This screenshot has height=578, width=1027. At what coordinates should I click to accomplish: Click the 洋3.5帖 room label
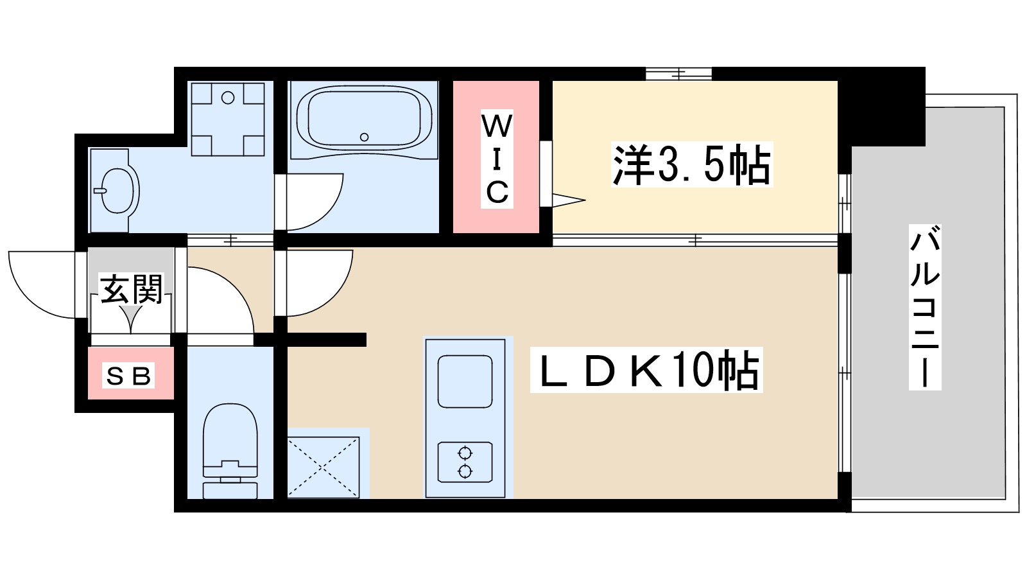click(x=691, y=164)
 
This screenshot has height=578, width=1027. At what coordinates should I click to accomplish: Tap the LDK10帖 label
click(x=646, y=371)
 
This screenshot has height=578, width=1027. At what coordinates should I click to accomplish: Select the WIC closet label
click(x=496, y=159)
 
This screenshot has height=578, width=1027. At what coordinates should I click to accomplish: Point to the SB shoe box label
click(x=129, y=375)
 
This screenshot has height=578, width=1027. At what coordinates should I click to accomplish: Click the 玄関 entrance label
click(x=132, y=288)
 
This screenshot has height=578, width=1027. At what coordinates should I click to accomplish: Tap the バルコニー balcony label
click(x=924, y=307)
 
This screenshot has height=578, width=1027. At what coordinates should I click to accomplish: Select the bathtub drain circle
click(x=364, y=137)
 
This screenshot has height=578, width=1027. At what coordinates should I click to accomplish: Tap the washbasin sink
click(x=118, y=190)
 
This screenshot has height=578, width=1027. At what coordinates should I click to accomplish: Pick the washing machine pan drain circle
click(x=228, y=98)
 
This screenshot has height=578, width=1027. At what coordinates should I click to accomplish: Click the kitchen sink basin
click(x=465, y=381)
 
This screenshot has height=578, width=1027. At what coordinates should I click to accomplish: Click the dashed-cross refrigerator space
click(x=323, y=467)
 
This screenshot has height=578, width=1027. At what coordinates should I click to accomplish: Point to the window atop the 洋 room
click(x=678, y=73)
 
